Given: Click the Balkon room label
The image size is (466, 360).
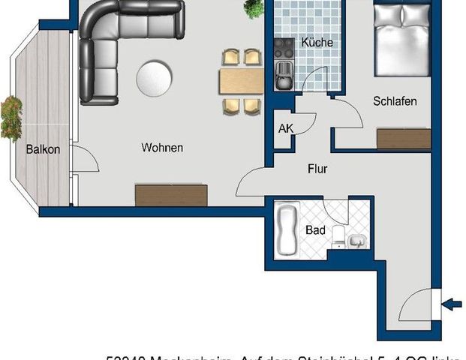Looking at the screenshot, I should [x=42, y=148].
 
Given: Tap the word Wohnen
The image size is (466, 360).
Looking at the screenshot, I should [x=162, y=148].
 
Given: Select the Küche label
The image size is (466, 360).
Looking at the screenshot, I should [x=317, y=43].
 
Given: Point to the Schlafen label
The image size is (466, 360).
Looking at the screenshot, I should [x=395, y=101].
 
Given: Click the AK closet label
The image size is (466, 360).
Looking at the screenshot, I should [x=285, y=128].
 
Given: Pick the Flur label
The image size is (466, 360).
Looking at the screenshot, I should [x=317, y=169].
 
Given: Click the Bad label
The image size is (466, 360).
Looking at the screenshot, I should [x=316, y=230].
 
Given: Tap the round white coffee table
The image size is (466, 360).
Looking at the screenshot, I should [x=155, y=76].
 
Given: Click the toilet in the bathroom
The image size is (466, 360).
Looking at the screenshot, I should [x=338, y=237].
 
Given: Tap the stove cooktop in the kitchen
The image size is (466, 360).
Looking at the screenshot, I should [x=284, y=49].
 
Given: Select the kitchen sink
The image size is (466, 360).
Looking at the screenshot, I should [x=284, y=73].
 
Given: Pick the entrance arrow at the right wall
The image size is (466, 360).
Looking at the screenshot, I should [x=452, y=303].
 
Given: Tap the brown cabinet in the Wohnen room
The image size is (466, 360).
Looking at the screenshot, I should [x=171, y=194].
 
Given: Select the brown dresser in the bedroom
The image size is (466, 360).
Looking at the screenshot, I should [x=404, y=139].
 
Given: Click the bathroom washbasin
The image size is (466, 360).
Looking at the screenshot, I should [x=358, y=240].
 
